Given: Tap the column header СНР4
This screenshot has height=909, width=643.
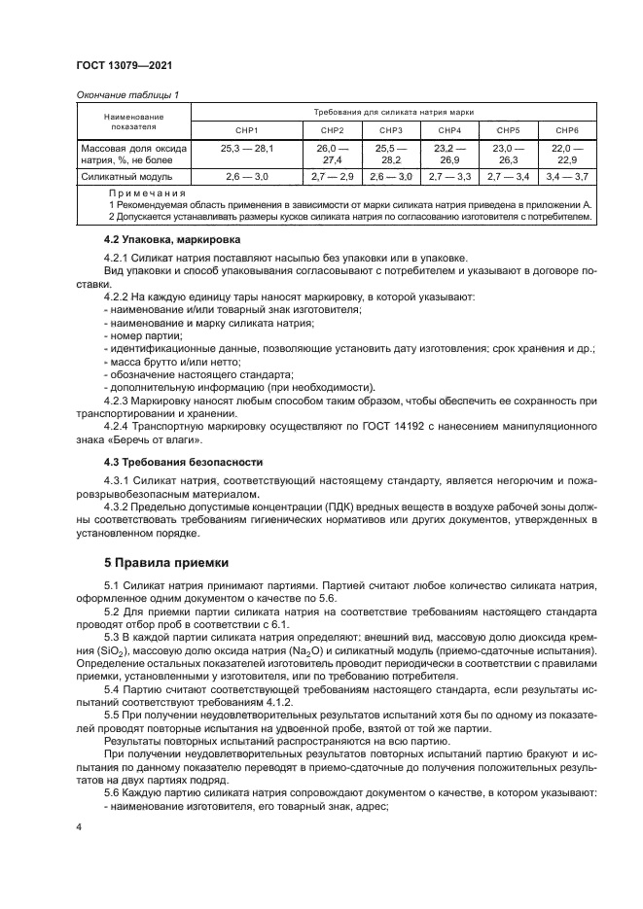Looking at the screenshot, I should pyautogui.click(x=448, y=129).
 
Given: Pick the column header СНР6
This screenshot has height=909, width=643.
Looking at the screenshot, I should pyautogui.click(x=567, y=129).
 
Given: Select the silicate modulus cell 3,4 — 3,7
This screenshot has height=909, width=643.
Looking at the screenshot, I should pyautogui.click(x=567, y=177).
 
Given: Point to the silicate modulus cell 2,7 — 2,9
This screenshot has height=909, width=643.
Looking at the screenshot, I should pyautogui.click(x=332, y=177).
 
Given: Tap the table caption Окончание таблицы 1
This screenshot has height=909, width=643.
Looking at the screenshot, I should pyautogui.click(x=128, y=94).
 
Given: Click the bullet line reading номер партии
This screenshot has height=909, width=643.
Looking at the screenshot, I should pyautogui.click(x=141, y=334).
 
